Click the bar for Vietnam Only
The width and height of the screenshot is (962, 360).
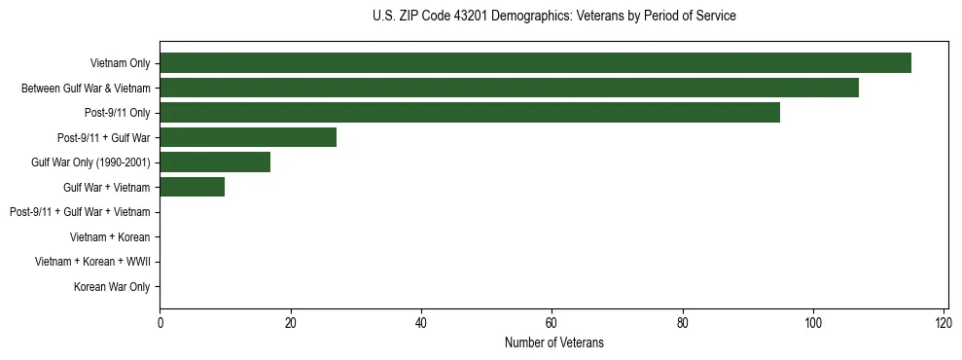coord(535,63)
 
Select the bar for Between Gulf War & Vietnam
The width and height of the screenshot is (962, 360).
coord(509,88)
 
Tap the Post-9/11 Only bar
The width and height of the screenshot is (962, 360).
coord(470,113)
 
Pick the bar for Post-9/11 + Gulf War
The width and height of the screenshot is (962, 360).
coord(248,137)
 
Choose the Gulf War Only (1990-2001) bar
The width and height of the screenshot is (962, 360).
coord(215,162)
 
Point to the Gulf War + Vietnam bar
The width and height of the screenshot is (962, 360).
coord(192,187)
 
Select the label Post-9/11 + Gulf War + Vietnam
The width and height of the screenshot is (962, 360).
coord(80,212)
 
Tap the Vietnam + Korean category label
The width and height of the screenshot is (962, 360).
coord(110,236)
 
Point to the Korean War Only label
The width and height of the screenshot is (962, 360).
coord(112,287)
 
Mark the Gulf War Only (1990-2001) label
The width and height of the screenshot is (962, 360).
coord(90,162)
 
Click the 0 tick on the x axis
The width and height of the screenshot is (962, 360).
coord(160,322)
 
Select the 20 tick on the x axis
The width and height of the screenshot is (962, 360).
coord(290,322)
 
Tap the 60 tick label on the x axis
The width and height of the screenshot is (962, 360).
coord(552,322)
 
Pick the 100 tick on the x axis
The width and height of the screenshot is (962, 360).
coord(813,322)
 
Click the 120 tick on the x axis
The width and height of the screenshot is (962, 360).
coord(944,322)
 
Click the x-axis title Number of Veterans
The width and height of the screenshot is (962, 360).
coord(553,342)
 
